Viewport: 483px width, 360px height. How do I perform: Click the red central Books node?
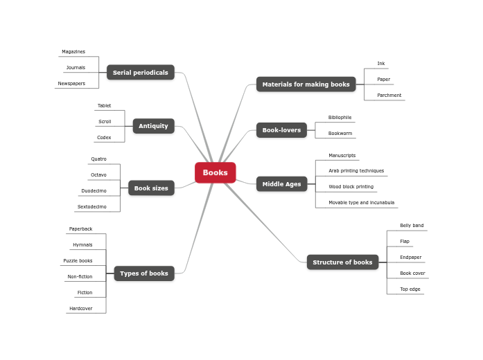coord(215,172)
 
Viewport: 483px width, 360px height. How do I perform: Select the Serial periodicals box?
coord(141,73)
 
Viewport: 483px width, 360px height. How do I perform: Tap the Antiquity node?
coord(153,126)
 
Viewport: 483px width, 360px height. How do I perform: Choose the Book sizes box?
coord(151,188)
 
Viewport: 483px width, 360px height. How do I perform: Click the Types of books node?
coord(144,273)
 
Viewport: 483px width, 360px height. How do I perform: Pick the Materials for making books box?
coord(306,84)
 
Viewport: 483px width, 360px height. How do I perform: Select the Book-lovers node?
coord(281,130)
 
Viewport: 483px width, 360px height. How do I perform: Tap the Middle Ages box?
coord(281,184)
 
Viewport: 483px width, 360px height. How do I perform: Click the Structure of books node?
coord(342,262)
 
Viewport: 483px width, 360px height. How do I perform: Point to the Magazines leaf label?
coord(73,52)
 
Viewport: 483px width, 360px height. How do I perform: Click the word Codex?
coord(104,138)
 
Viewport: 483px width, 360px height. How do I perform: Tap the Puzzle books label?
coord(78,261)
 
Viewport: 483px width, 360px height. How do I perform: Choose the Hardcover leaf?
coord(80,309)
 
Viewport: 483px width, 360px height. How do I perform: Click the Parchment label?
coord(389,96)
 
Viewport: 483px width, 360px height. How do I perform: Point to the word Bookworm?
coord(340,133)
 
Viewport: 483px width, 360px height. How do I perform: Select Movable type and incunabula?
coord(361,203)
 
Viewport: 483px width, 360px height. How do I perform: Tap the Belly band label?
coord(412,226)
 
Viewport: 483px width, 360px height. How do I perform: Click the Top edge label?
coord(410,289)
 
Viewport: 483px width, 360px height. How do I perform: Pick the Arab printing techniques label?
coord(356,171)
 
